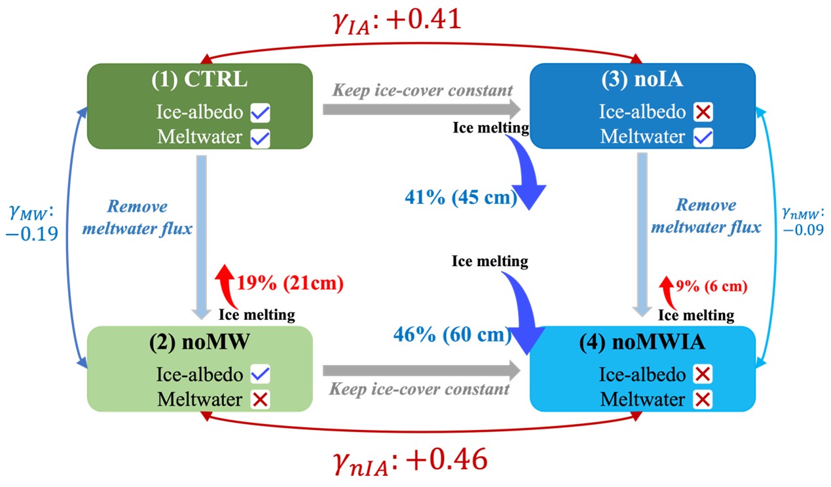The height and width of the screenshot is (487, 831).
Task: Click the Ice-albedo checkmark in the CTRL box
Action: tap(260, 113)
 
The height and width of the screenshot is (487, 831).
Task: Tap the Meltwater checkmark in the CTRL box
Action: tap(260, 138)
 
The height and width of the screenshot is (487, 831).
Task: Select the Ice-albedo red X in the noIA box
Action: tap(703, 112)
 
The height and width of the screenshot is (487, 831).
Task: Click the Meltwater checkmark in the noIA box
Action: tap(703, 138)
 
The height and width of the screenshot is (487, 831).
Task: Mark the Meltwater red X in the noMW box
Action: tap(260, 399)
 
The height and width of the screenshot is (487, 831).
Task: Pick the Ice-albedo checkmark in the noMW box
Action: tap(260, 374)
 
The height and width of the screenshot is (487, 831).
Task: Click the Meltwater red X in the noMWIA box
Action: tap(703, 399)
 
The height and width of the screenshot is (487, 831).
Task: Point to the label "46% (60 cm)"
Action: tap(452, 335)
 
